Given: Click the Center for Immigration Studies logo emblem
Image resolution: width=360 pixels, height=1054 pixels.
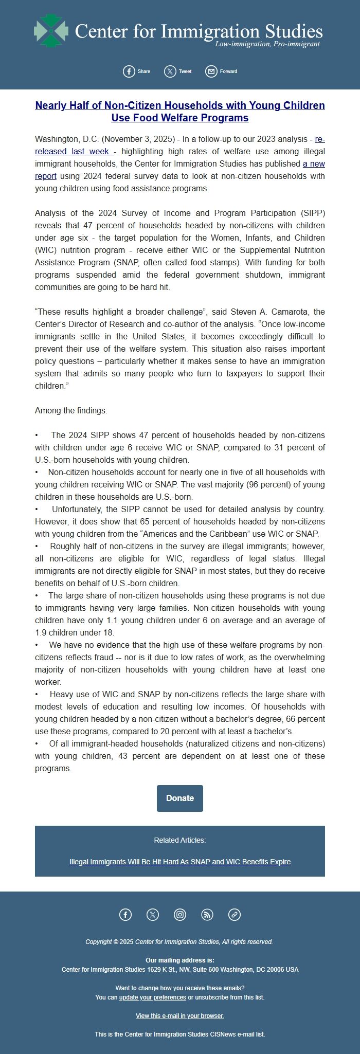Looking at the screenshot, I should click(x=50, y=31).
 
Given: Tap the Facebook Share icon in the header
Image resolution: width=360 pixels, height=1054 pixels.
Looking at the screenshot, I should click(x=129, y=71).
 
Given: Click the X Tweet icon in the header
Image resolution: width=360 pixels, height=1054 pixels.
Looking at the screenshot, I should click(x=170, y=71).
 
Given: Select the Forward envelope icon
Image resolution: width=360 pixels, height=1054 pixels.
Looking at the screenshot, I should click(x=211, y=71).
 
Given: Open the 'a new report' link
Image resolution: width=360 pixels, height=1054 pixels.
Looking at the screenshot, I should click(x=314, y=163).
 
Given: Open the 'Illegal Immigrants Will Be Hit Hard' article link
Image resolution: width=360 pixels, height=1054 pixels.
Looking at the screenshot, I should click(x=180, y=862).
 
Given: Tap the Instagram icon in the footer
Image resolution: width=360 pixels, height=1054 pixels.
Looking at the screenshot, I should click(x=180, y=915).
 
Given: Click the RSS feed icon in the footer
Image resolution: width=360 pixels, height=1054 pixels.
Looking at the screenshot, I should click(x=207, y=915).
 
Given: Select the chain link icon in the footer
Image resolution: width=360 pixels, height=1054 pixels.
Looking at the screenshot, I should click(x=235, y=915).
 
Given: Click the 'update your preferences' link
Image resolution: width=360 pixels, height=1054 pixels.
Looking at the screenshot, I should click(x=152, y=997).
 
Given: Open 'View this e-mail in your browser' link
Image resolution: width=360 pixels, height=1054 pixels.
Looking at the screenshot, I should click(x=180, y=1016).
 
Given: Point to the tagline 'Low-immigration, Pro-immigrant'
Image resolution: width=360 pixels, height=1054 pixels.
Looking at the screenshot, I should click(x=267, y=44).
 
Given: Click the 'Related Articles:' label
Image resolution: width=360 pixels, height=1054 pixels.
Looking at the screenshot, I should click(x=180, y=840).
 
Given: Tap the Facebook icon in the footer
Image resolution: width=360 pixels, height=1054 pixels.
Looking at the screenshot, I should click(x=125, y=915).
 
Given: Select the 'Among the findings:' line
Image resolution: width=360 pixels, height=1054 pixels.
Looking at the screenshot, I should click(x=71, y=410).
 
